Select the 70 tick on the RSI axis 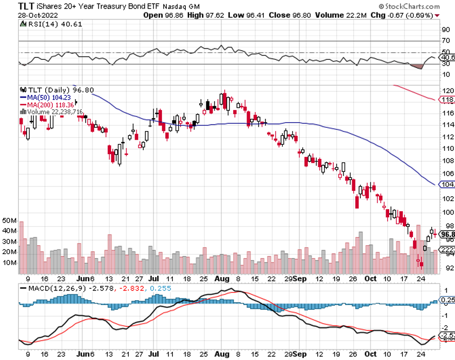coord(446,41)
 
